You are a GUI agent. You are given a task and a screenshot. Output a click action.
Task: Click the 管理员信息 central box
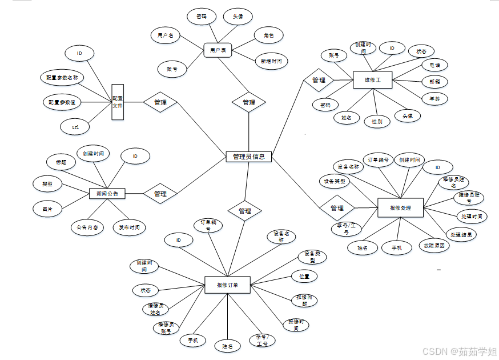click(248, 157)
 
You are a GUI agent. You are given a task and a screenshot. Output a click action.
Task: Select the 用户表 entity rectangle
click(218, 50)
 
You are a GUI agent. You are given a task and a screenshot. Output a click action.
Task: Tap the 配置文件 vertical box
click(118, 102)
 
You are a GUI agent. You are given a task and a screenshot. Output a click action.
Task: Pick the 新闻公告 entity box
click(107, 194)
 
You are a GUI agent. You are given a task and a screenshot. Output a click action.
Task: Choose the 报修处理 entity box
click(401, 208)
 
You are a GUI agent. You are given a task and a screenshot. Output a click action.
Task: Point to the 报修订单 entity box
click(227, 285)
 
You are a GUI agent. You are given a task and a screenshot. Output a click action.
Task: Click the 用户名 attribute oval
click(166, 35)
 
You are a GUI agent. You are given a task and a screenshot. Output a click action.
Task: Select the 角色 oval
click(268, 35)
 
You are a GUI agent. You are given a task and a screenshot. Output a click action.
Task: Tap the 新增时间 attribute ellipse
click(271, 61)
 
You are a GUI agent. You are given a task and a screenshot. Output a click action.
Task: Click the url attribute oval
click(76, 126)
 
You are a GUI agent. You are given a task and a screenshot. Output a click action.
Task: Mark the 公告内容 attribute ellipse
click(87, 227)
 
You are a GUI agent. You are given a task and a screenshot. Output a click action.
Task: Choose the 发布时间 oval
click(129, 227)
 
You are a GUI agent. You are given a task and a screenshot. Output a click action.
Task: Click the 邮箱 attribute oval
click(434, 81)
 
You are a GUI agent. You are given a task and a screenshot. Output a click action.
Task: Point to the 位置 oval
click(304, 276)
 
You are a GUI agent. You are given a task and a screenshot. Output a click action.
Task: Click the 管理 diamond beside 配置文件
click(160, 102)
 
